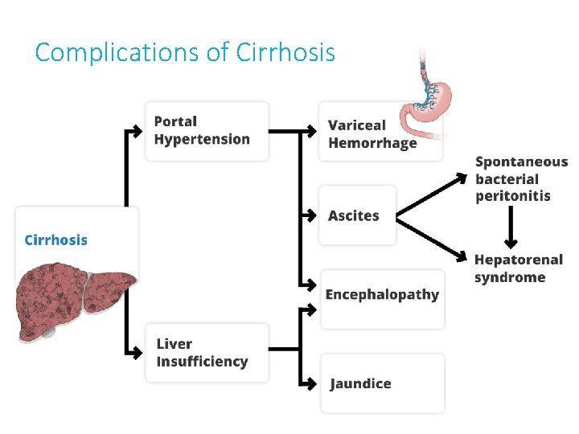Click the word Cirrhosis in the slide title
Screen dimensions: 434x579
(285, 52)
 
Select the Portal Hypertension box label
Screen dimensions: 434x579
(202, 130)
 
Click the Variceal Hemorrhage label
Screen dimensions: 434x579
(372, 134)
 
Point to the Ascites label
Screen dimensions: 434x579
(353, 215)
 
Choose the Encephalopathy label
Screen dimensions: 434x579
(382, 294)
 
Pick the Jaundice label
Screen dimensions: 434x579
(360, 383)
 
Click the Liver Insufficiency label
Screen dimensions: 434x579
(202, 353)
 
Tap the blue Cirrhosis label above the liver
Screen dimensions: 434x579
(56, 240)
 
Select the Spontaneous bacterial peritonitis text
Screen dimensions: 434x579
(521, 178)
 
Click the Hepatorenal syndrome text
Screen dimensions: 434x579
(518, 268)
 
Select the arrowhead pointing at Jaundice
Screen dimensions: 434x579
(312, 383)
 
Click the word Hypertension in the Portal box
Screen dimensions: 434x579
(202, 139)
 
